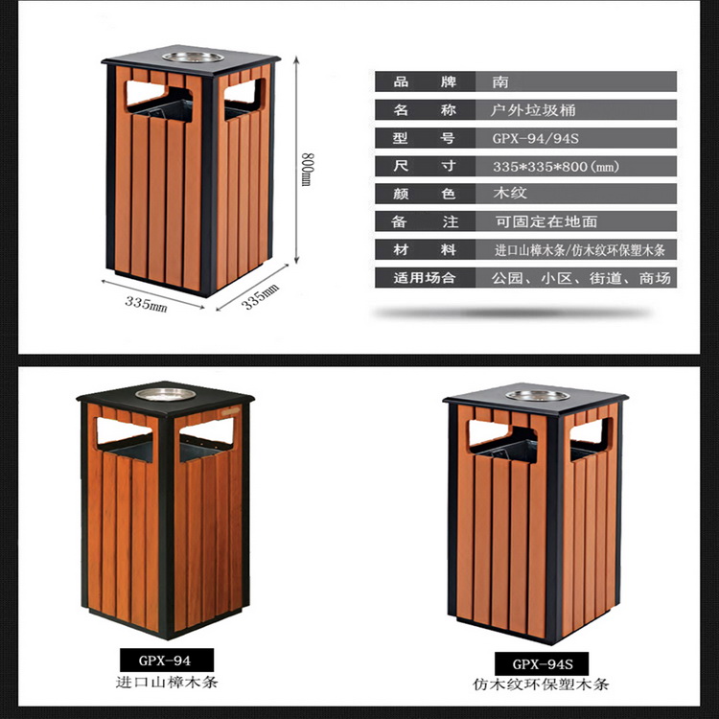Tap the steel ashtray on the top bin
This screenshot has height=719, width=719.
coord(193,57)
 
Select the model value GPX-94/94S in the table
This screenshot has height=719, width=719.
coord(536,138)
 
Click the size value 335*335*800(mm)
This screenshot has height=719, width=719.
coord(556,166)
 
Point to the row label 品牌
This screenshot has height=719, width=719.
coord(425,81)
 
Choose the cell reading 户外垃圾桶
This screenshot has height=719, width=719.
coord(532,110)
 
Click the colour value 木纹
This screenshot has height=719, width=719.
coord(510,193)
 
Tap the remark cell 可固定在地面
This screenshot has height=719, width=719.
coord(546,221)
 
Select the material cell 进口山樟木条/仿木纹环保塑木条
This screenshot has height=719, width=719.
coord(580,250)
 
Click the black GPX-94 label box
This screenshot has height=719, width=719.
coord(167,660)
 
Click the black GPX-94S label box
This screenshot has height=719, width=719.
coord(542,663)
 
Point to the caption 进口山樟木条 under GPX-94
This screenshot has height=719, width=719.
coord(167,682)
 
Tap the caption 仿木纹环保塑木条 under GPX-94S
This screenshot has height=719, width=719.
coord(541,684)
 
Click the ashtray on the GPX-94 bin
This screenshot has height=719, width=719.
coord(166,394)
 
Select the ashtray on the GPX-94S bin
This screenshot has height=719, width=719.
coord(538,395)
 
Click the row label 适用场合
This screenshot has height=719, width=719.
coord(425,278)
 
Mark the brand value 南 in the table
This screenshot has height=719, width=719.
coord(500,81)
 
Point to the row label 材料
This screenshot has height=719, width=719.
coord(425,250)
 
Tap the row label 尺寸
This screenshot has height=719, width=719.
coord(425,166)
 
